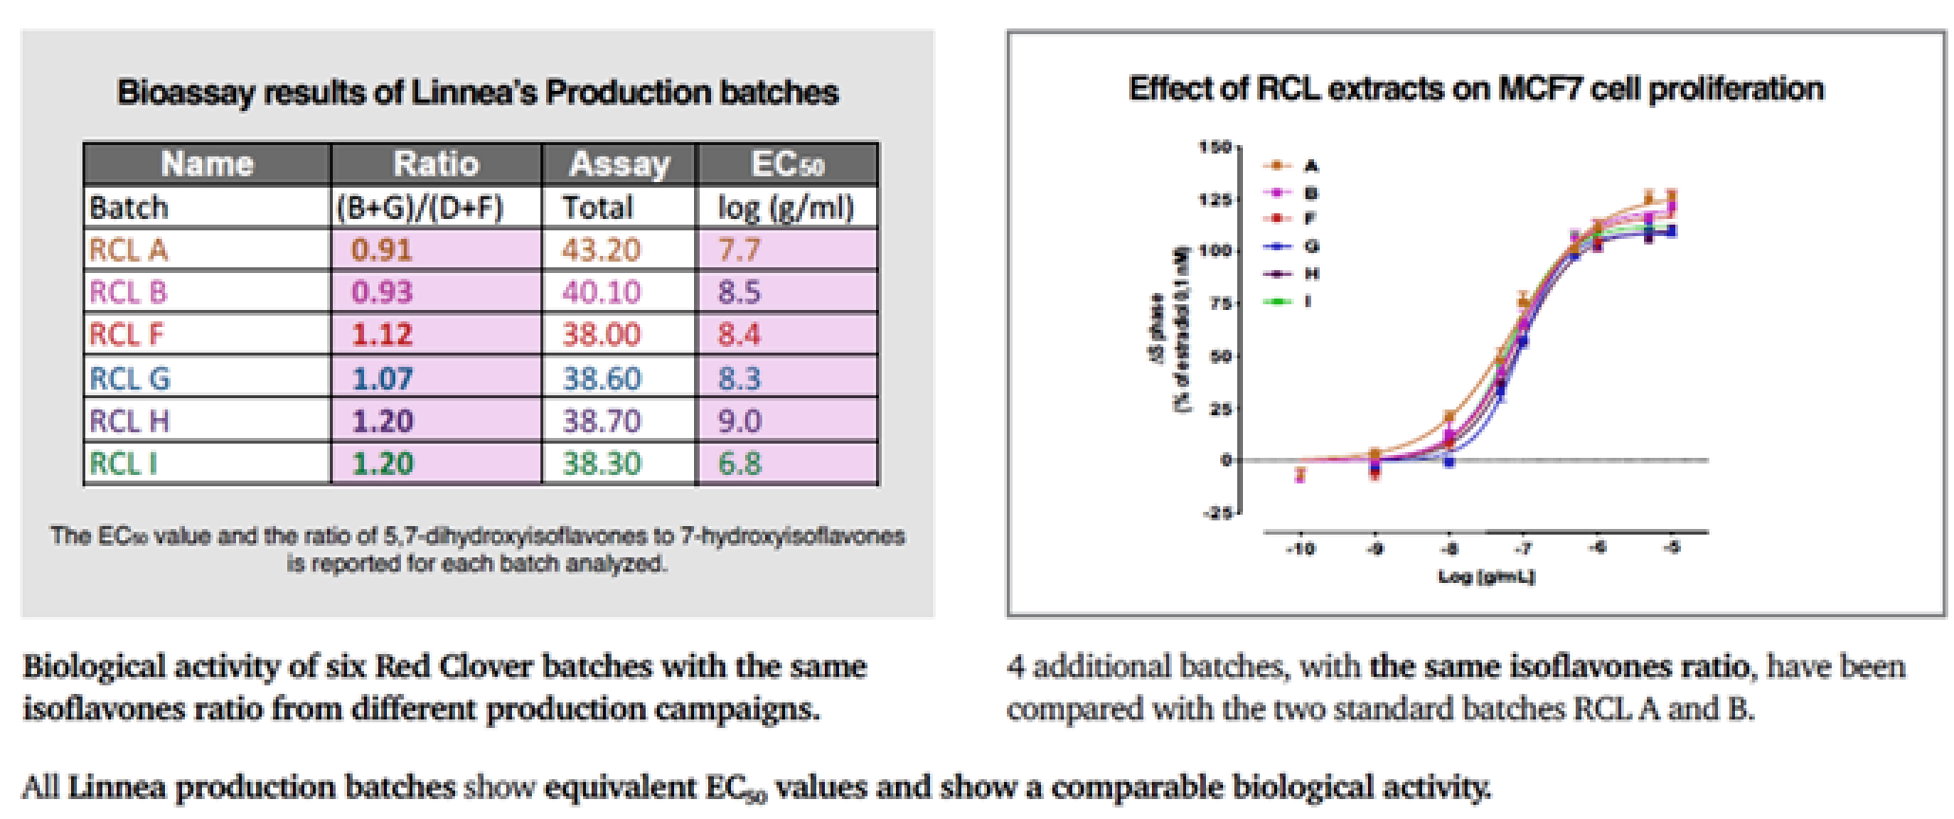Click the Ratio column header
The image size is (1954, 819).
pyautogui.click(x=436, y=164)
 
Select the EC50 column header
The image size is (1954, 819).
pyautogui.click(x=787, y=165)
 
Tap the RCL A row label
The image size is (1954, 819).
pyautogui.click(x=128, y=250)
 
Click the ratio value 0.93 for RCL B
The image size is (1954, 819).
pyautogui.click(x=382, y=292)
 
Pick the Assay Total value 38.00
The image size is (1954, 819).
pyautogui.click(x=601, y=335)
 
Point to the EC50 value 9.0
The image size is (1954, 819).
pyautogui.click(x=740, y=421)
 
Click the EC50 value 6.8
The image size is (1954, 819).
pyautogui.click(x=740, y=464)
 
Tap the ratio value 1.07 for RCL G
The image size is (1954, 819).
pyautogui.click(x=382, y=378)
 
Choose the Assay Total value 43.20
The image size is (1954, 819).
pyautogui.click(x=601, y=250)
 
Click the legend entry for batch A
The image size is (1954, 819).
pyautogui.click(x=1291, y=166)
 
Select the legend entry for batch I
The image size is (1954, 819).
pyautogui.click(x=1291, y=301)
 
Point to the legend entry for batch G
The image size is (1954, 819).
pyautogui.click(x=1291, y=246)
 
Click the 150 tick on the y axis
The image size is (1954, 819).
pyautogui.click(x=1214, y=147)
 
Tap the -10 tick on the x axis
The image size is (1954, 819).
pyautogui.click(x=1300, y=549)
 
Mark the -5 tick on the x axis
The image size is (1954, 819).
pyautogui.click(x=1672, y=548)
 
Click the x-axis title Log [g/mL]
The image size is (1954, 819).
pyautogui.click(x=1486, y=576)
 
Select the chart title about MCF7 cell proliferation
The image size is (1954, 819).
pyautogui.click(x=1476, y=89)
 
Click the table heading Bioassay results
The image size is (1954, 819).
pyautogui.click(x=478, y=93)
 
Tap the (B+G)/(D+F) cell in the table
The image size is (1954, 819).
pyautogui.click(x=420, y=208)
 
